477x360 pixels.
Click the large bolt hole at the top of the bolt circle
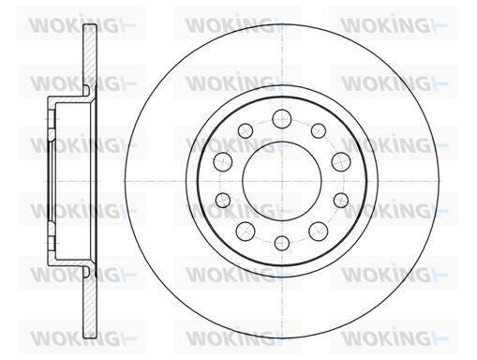click(282, 119)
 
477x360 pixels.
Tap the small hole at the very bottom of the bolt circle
click(282, 243)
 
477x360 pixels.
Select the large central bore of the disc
click(282, 181)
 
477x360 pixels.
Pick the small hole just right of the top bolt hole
click(319, 130)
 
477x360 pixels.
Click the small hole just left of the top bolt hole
click(246, 130)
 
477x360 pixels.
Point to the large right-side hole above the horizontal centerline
click(341, 162)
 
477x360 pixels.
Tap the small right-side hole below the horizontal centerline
click(341, 200)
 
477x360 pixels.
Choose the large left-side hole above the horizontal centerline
click(223, 161)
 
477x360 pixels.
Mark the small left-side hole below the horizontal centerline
click(223, 200)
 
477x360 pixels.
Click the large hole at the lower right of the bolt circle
click(319, 232)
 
